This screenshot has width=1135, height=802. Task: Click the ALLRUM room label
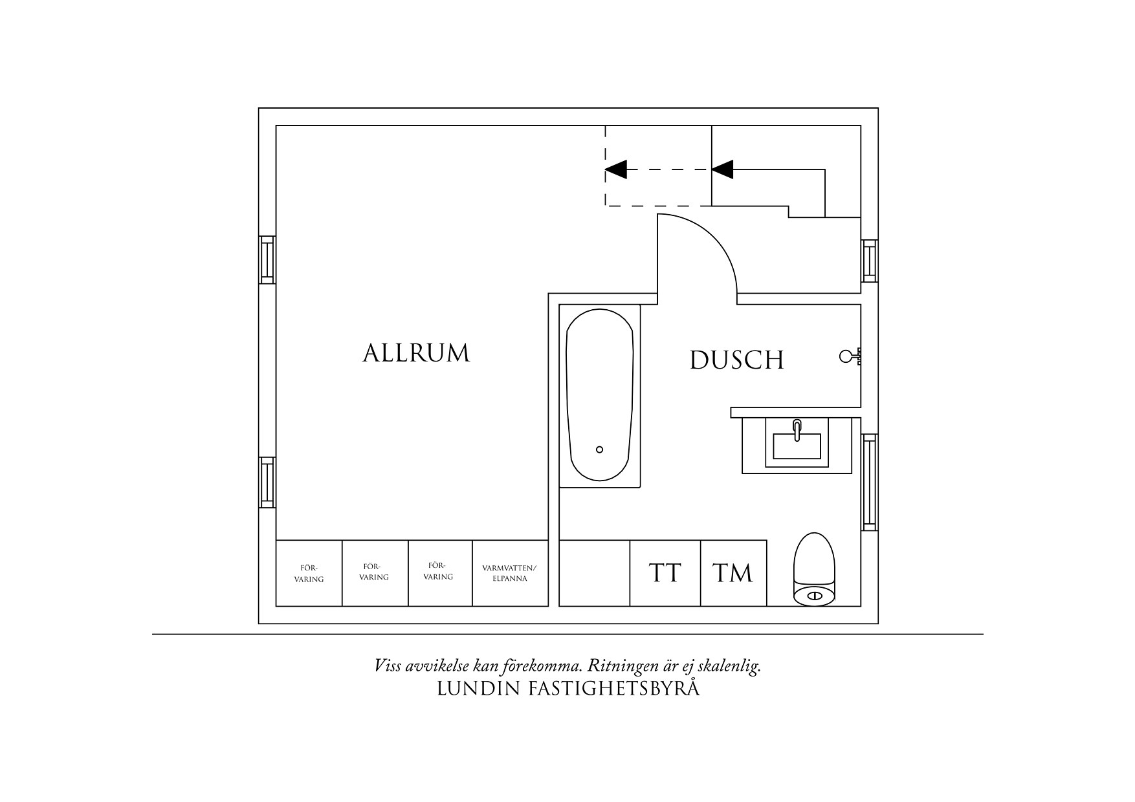(x=416, y=353)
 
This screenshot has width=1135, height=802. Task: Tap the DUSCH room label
(x=736, y=360)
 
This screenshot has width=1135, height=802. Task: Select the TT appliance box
(x=665, y=573)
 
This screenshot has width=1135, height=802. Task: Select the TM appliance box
(x=733, y=573)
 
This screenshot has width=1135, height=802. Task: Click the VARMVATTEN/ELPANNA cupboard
(x=509, y=573)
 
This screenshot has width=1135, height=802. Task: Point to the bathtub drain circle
(x=599, y=450)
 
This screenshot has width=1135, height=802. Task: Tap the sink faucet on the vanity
(x=797, y=429)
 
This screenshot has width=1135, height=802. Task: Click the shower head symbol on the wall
(x=849, y=356)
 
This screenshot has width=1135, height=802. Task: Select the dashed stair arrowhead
(x=616, y=169)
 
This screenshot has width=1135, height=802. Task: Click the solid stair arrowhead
(x=723, y=169)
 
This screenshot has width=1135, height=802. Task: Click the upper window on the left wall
(x=267, y=259)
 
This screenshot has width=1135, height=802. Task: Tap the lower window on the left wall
(x=267, y=482)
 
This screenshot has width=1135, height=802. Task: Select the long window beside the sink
(x=869, y=482)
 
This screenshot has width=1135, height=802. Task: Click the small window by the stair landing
(x=869, y=261)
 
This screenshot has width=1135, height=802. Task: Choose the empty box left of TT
(x=594, y=573)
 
